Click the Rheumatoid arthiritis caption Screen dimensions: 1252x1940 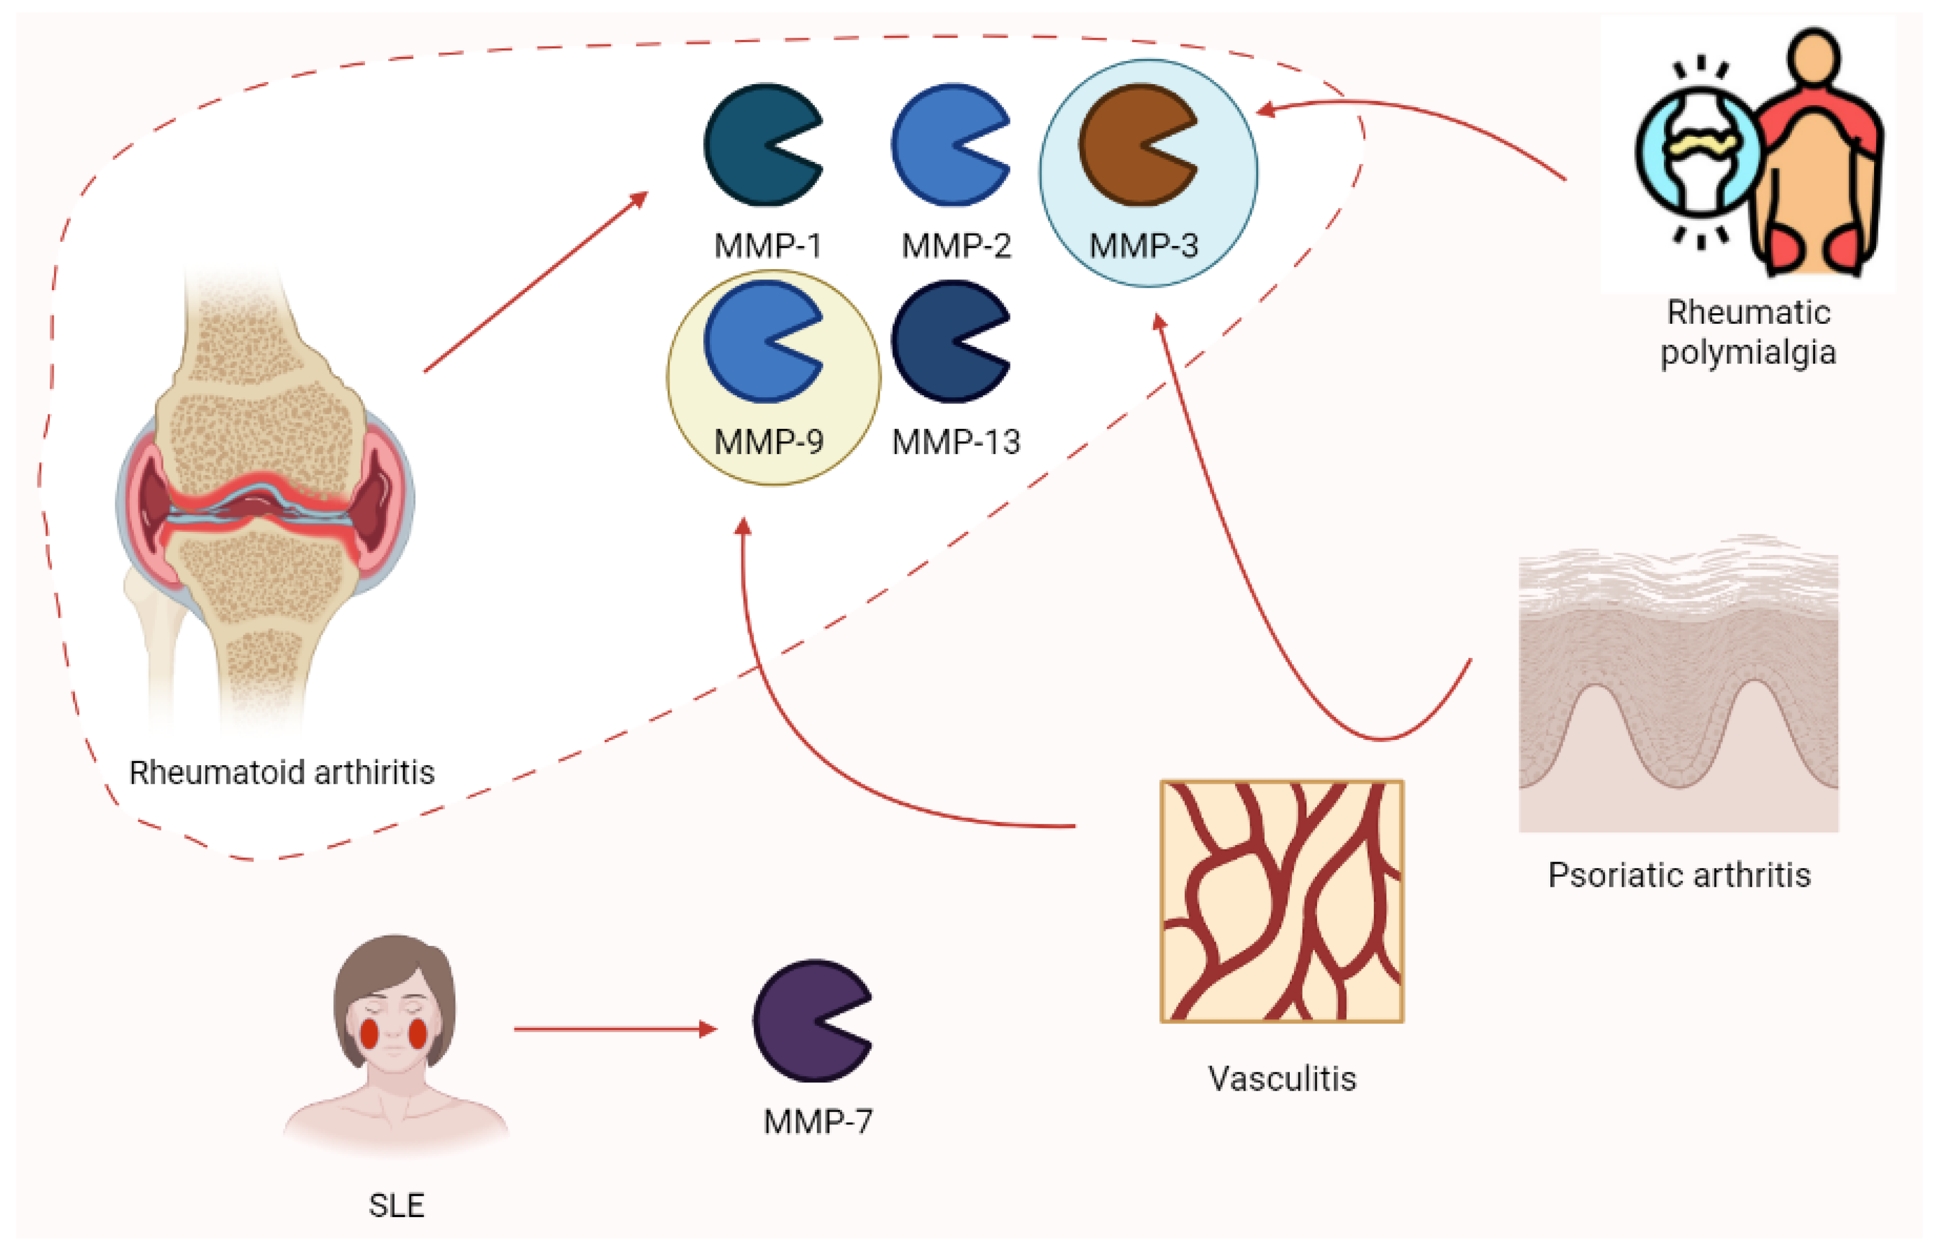coord(281,772)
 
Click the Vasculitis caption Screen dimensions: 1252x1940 coord(1282,1079)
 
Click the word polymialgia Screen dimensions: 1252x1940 coord(1748,353)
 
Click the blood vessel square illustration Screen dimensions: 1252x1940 coord(1282,901)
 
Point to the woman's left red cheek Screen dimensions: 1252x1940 coord(369,1033)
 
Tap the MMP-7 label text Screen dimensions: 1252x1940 coord(817,1122)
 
